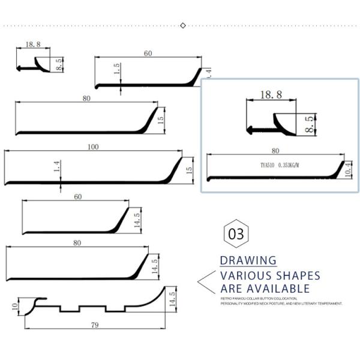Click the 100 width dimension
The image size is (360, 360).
tap(93, 147)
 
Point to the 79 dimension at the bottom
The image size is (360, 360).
tap(95, 326)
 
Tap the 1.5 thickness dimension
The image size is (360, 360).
tap(118, 70)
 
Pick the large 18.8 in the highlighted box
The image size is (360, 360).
tap(271, 94)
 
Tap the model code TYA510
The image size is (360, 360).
tap(269, 164)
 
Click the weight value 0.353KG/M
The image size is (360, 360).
tap(290, 164)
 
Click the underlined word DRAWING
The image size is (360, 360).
tap(248, 261)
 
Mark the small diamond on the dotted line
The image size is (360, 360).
tap(183, 25)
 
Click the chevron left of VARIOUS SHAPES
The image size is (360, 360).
tap(206, 281)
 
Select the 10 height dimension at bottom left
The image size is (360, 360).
tap(14, 307)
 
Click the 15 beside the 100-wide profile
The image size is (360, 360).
tap(189, 170)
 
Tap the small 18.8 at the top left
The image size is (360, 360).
tap(33, 44)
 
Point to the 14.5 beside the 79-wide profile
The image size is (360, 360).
tap(172, 298)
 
